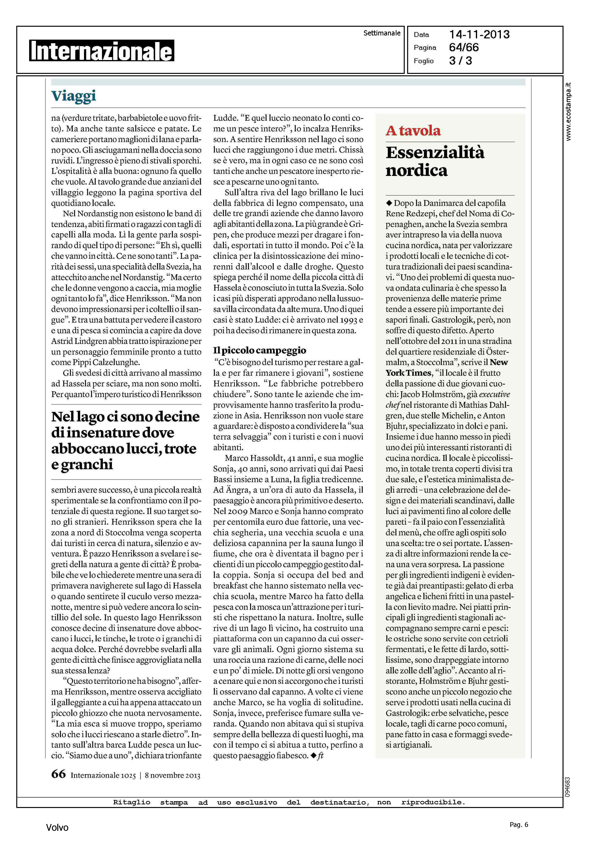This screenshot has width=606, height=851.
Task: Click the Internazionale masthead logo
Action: pos(101,51)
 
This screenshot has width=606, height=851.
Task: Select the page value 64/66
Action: pos(464,47)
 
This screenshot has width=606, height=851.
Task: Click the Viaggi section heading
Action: pos(74,96)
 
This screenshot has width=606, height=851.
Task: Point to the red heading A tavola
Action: pos(413,131)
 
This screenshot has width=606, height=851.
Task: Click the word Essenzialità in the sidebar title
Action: pos(435,152)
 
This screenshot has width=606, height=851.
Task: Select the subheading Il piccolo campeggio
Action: pos(259,350)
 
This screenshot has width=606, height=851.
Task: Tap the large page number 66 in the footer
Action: pos(58,774)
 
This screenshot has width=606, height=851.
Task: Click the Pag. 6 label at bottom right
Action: pos(519,825)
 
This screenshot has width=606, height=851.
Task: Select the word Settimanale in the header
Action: pos(382,33)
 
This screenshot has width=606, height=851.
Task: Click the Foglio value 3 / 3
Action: pos(461,61)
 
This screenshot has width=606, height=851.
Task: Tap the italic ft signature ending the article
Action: pos(320,755)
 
